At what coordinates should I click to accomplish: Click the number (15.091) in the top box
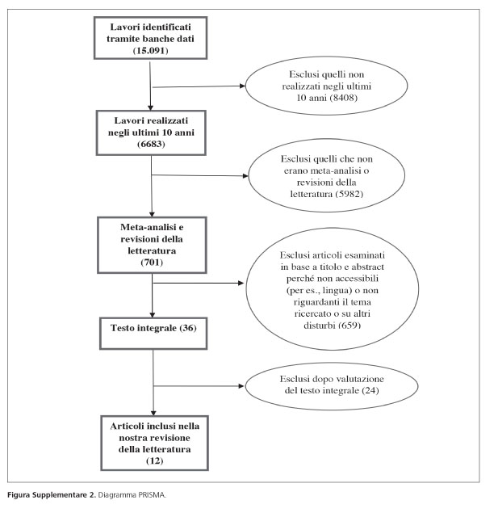[150, 50]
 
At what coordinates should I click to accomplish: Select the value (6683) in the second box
[151, 144]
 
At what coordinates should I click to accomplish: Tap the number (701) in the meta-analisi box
[152, 262]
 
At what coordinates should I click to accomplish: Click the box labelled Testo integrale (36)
[153, 334]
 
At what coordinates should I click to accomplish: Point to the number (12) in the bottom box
[154, 460]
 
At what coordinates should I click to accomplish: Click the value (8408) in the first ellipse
[343, 98]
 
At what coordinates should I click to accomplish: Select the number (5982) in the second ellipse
[349, 194]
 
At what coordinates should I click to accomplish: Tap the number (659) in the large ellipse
[349, 325]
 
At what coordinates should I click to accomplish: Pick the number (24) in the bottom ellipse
[370, 390]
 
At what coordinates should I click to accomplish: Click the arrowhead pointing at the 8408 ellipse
[243, 86]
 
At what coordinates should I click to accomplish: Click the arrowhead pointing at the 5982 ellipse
[245, 176]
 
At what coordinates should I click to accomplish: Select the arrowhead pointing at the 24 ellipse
[241, 386]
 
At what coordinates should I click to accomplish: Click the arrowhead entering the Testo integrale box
[153, 315]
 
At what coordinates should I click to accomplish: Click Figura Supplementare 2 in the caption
[52, 495]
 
